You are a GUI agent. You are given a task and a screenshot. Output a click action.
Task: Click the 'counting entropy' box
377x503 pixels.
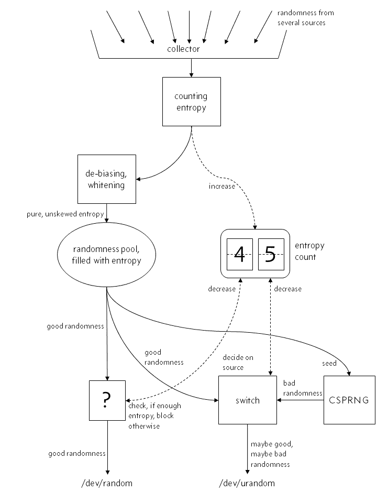click(191, 101)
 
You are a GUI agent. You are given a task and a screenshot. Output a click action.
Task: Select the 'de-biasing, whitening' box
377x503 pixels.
click(106, 179)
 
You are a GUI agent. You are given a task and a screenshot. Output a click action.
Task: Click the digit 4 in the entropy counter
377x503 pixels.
click(239, 254)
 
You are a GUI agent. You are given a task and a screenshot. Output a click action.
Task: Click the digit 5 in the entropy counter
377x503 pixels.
click(271, 254)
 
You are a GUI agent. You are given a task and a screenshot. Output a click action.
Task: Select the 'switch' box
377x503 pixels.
click(247, 400)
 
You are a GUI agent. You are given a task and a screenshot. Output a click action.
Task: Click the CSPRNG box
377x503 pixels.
click(349, 400)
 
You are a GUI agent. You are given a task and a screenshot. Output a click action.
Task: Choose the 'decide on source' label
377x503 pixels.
click(238, 362)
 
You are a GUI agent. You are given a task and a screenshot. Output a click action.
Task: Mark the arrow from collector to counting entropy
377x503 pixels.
click(191, 67)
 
